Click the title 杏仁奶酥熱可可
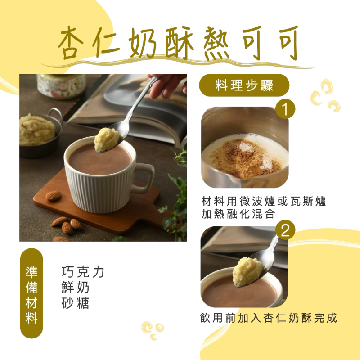[178, 43]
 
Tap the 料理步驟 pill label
[244, 85]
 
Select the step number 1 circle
[285, 109]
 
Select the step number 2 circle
[285, 230]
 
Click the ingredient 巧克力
[83, 272]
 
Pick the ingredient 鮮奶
[75, 287]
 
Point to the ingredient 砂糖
[75, 302]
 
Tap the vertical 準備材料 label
[31, 293]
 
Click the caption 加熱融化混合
[238, 214]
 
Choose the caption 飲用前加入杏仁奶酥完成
[268, 318]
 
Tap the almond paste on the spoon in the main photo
[107, 140]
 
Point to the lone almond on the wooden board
[54, 196]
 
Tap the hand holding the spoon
[167, 85]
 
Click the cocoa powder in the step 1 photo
[245, 158]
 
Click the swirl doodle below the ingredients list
[153, 330]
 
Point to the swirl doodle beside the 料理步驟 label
[325, 95]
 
